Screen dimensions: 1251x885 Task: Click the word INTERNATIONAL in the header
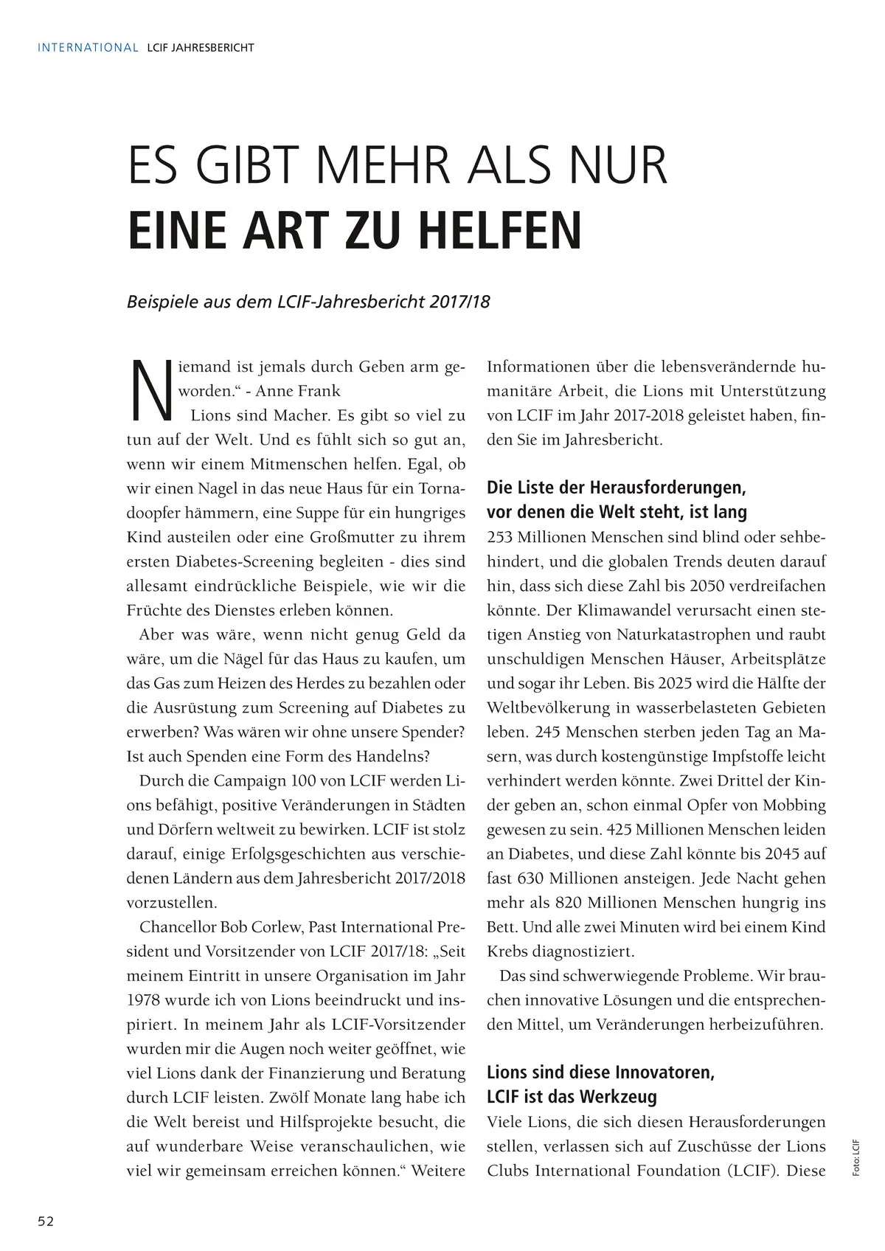[88, 48]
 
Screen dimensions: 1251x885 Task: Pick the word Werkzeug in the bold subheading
[618, 1097]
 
